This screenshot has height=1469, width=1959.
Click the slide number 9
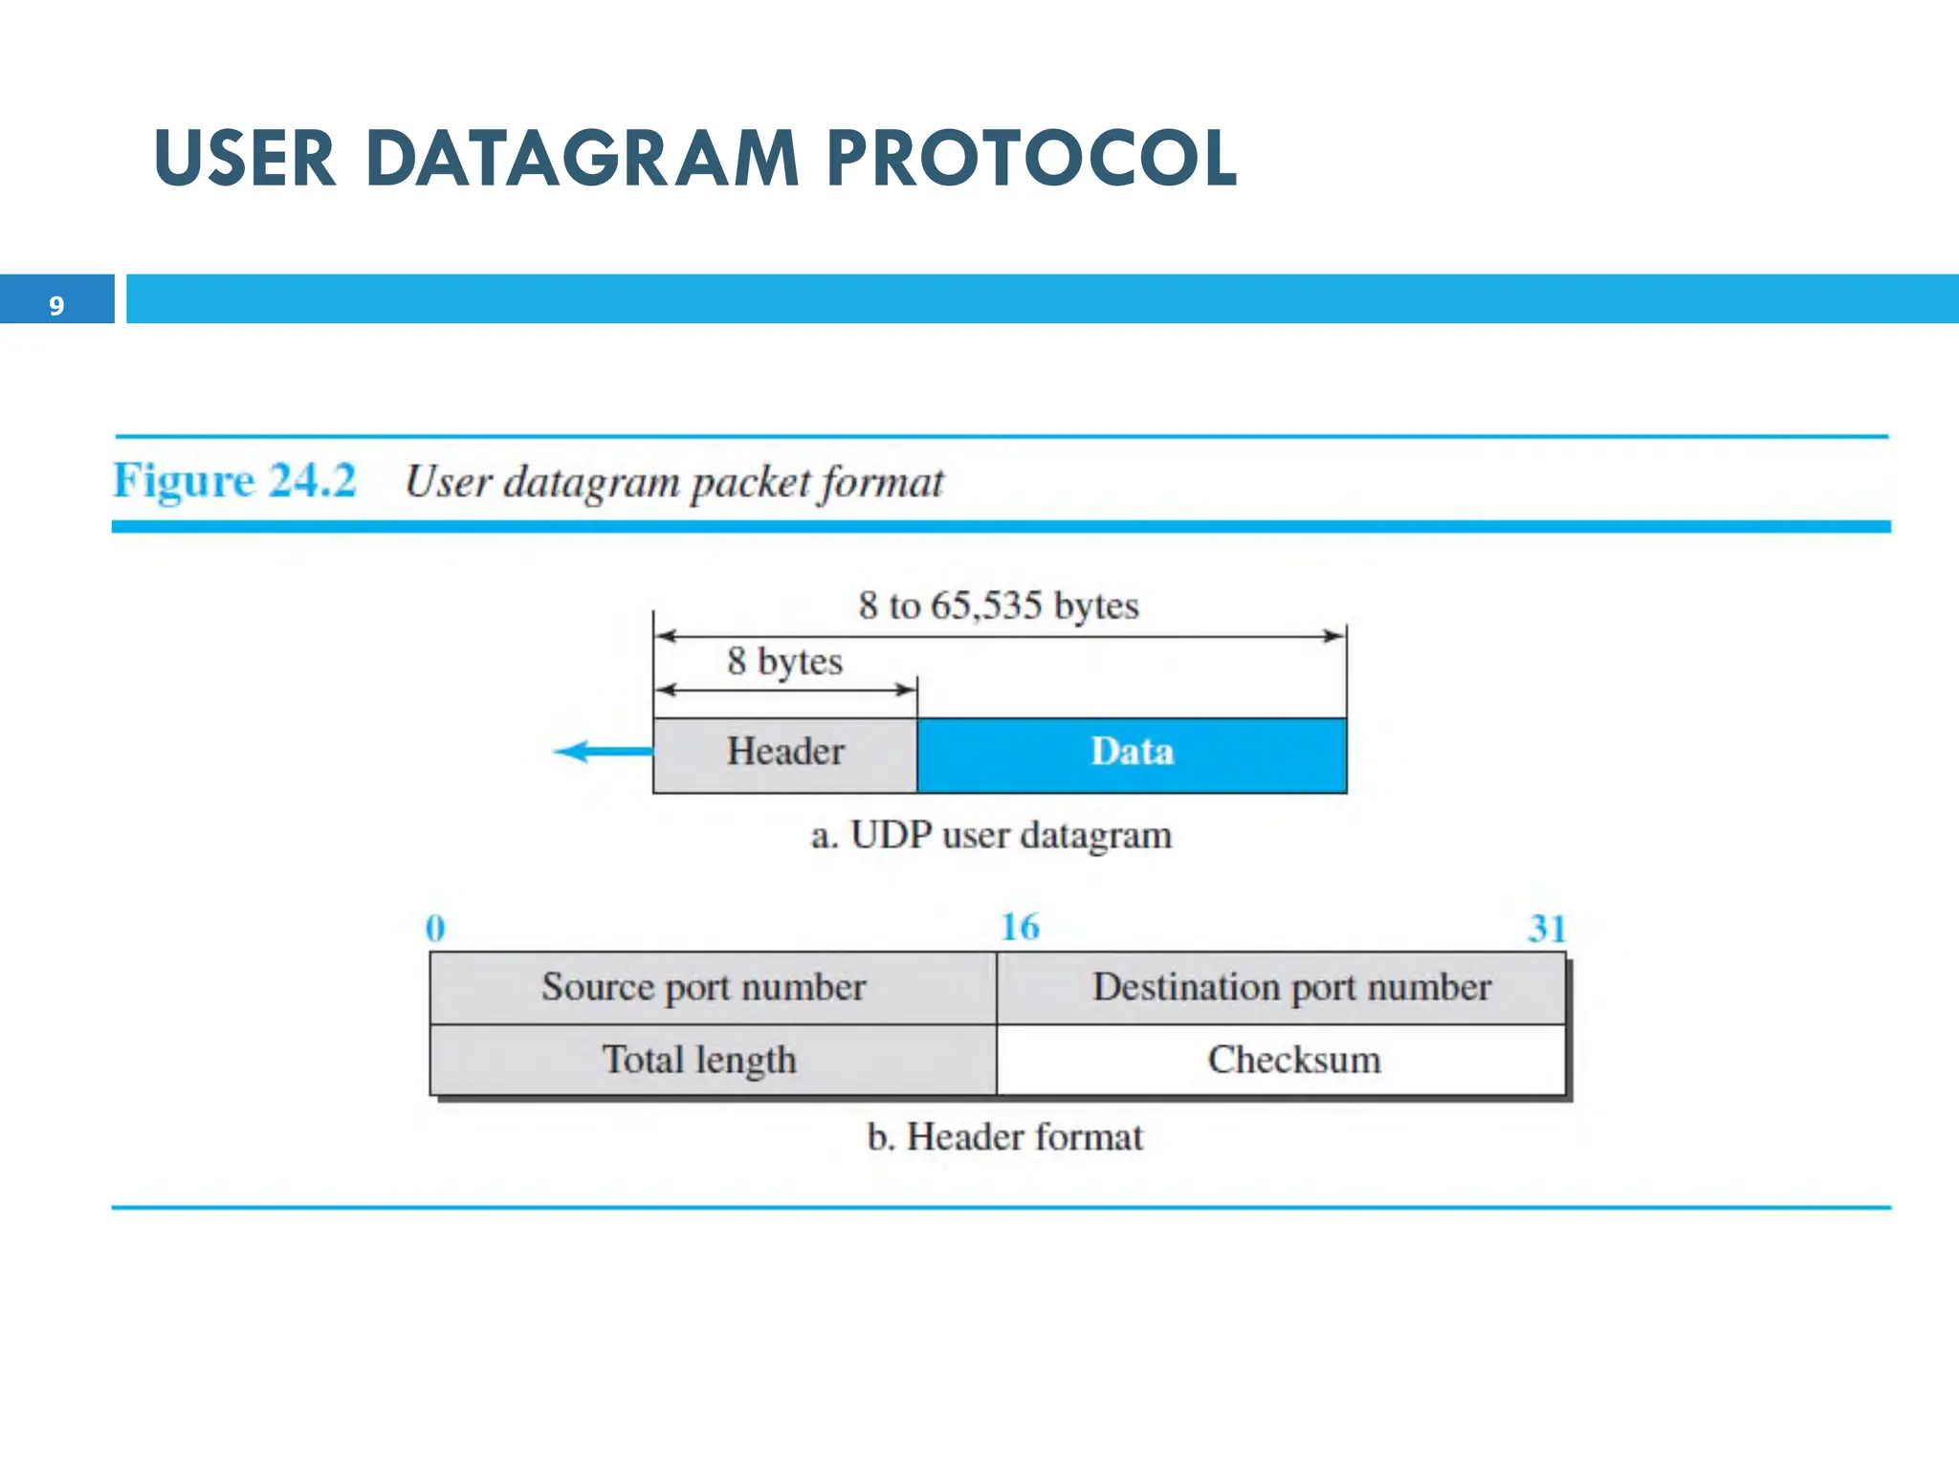(x=56, y=305)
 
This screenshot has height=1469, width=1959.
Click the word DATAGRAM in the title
(x=582, y=158)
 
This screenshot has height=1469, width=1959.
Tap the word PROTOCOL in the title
(x=1031, y=158)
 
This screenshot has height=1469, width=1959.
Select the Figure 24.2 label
(x=234, y=480)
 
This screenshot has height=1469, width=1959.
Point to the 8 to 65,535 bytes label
(x=999, y=605)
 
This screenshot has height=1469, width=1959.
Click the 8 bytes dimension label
(x=784, y=661)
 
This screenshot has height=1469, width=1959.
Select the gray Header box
(x=784, y=753)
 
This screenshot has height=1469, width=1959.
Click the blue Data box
(x=1132, y=753)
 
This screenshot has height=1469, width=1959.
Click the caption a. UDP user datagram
(x=991, y=835)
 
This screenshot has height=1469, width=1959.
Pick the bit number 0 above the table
(x=435, y=928)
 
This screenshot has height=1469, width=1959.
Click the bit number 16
(x=1020, y=927)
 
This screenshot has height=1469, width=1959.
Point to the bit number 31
(x=1546, y=929)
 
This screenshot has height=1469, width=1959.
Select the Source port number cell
(x=704, y=987)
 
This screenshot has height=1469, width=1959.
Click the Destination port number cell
(x=1291, y=987)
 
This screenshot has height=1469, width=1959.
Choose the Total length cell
(x=699, y=1060)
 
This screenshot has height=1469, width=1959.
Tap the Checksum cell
(x=1293, y=1060)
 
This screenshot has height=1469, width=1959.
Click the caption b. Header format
(x=1004, y=1137)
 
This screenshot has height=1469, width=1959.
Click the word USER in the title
(x=246, y=158)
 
